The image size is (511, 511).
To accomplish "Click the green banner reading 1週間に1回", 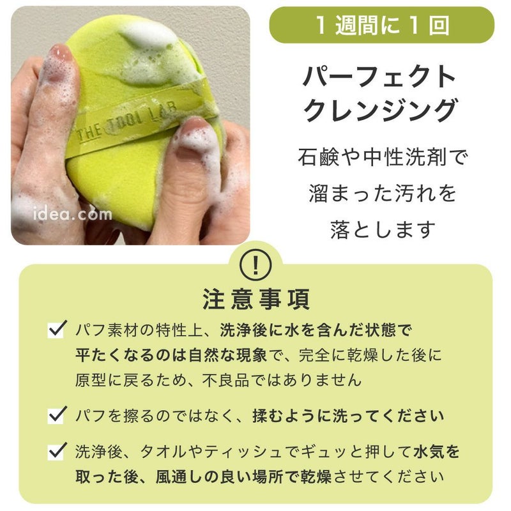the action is click(381, 25).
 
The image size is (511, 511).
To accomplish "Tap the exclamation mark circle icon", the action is click(256, 265).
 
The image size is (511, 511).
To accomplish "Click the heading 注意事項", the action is click(256, 299).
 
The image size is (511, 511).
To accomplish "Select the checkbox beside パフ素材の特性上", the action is click(57, 329).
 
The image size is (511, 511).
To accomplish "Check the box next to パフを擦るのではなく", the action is click(57, 415).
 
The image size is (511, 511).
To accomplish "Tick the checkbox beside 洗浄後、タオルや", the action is click(57, 451).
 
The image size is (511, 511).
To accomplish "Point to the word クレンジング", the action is click(380, 110).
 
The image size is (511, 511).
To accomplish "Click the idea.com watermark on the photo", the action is click(73, 214).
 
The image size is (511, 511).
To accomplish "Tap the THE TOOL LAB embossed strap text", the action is click(127, 122).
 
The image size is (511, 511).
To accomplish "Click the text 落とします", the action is click(383, 229).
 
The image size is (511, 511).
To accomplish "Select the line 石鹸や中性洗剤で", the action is click(383, 157).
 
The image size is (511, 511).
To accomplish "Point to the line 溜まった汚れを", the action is click(383, 193).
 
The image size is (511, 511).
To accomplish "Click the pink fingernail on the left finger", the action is click(61, 53).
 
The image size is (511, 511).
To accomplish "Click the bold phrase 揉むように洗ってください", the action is click(348, 416).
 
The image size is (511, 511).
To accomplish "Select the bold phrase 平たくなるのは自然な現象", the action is click(171, 355).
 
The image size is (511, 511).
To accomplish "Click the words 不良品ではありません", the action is click(282, 380).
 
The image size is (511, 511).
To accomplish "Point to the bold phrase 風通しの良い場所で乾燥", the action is click(244, 477).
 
